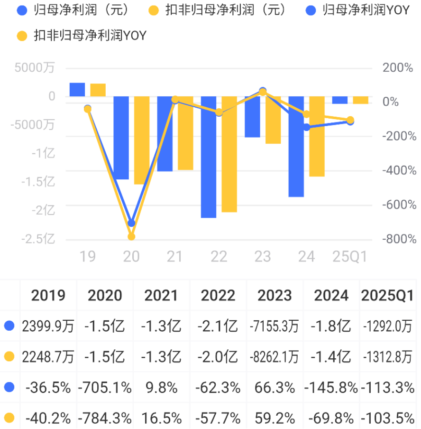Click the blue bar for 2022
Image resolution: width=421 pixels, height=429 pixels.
(209, 157)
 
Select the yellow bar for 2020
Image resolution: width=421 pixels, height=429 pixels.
(142, 140)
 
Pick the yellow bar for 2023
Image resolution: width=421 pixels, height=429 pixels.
(273, 120)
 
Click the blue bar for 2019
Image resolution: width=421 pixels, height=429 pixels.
(77, 90)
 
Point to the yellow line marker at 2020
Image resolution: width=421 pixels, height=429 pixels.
(131, 236)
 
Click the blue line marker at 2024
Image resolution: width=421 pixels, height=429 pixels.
(307, 127)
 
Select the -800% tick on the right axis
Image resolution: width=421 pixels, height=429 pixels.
(399, 239)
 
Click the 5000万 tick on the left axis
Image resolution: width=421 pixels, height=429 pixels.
(35, 68)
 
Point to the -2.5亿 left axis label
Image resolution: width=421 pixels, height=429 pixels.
(38, 239)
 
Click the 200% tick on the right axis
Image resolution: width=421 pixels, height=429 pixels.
(398, 68)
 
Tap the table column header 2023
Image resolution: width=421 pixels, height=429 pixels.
(275, 296)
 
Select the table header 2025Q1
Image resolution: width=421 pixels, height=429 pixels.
(388, 296)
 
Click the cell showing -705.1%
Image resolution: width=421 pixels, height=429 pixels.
(105, 388)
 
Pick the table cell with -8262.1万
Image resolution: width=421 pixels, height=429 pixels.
(275, 357)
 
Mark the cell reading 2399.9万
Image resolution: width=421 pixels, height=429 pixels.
(48, 326)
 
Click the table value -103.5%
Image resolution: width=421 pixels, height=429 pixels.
(388, 418)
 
